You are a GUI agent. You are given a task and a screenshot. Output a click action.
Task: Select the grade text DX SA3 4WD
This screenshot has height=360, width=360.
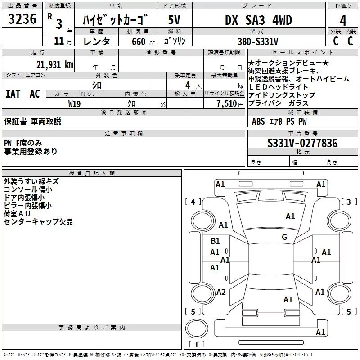click(x=258, y=20)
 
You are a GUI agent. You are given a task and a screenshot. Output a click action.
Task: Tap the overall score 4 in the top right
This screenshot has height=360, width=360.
click(x=343, y=21)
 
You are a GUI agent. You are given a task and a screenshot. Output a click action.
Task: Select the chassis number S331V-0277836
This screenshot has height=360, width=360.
click(x=302, y=143)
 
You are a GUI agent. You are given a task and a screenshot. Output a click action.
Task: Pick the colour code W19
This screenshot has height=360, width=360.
click(x=75, y=103)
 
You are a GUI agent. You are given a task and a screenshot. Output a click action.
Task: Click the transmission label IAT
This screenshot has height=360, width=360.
click(x=13, y=94)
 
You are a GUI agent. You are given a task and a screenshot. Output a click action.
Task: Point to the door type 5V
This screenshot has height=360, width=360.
click(x=174, y=21)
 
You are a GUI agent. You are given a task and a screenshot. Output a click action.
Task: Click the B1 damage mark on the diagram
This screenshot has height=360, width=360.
click(x=215, y=241)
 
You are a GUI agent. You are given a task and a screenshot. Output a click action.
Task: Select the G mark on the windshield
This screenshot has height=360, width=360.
click(x=284, y=237)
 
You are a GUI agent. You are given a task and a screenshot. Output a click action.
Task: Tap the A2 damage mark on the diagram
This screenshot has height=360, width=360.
click(x=220, y=292)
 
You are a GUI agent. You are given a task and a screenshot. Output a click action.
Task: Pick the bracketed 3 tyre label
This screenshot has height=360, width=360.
click(x=348, y=202)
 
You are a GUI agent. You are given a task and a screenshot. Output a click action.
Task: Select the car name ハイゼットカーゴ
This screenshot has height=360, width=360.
click(x=116, y=21)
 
